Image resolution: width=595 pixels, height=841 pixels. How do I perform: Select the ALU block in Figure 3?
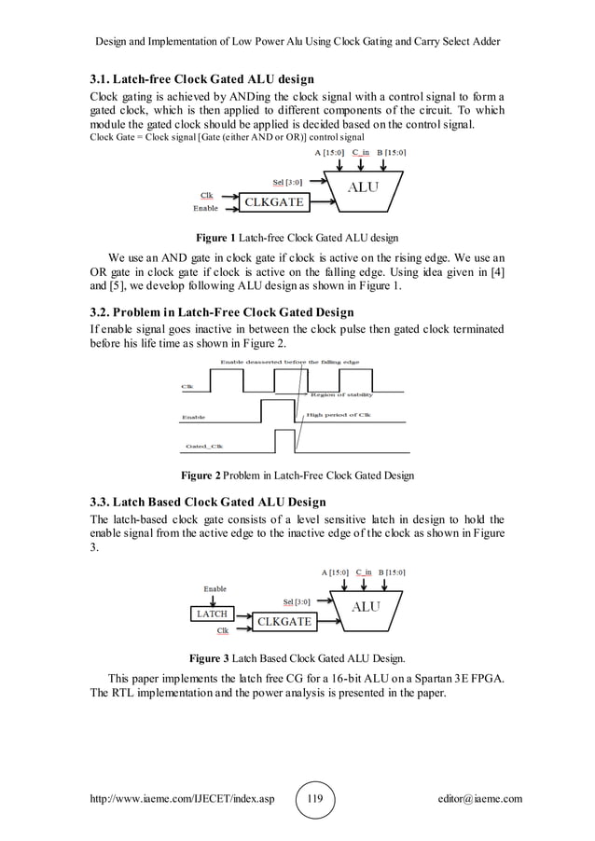tap(365, 606)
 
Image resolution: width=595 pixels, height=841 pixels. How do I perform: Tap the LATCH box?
tap(211, 614)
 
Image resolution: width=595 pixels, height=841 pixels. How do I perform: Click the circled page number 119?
tap(315, 799)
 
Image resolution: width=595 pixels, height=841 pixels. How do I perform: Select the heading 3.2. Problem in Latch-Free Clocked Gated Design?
tap(221, 311)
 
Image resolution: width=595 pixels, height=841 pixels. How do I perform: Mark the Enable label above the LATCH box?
tap(214, 589)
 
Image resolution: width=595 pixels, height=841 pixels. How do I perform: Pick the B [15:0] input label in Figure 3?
tap(392, 572)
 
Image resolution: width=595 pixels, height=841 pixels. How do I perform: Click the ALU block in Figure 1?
tap(364, 186)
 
